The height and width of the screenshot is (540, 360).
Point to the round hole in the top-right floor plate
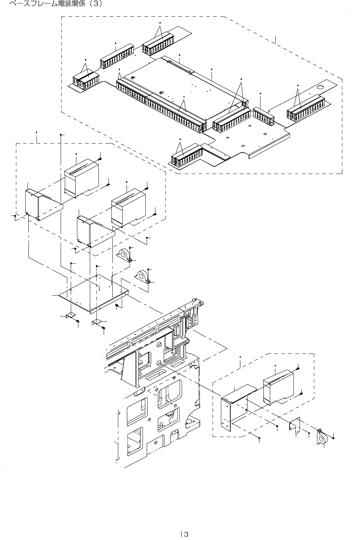320,87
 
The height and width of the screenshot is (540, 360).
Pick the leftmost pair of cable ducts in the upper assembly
86,82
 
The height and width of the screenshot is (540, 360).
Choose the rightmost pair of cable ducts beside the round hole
306,108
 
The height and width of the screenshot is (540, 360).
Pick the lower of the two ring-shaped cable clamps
143,276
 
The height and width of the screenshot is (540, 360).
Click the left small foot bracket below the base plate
70,315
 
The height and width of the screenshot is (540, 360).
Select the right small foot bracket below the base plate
96,322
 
